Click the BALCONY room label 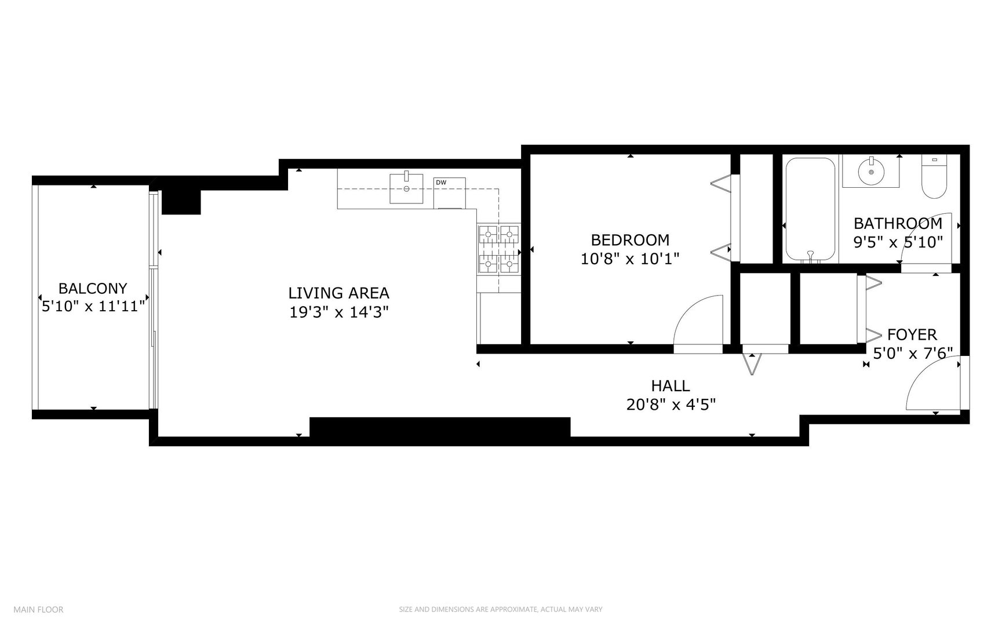[x=93, y=288]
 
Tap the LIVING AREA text [x=338, y=293]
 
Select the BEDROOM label [x=630, y=239]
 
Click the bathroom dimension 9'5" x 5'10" [x=898, y=242]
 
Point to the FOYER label [x=912, y=334]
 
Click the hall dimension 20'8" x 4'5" [x=671, y=404]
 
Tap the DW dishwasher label [x=441, y=183]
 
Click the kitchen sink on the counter [x=406, y=188]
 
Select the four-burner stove [x=498, y=249]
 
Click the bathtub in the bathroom [x=810, y=210]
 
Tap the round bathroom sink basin [x=870, y=172]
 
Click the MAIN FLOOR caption [x=38, y=609]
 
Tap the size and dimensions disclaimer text [x=501, y=609]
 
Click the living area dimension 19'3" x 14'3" [x=338, y=312]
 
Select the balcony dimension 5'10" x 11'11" [x=93, y=306]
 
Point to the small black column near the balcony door [x=181, y=201]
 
